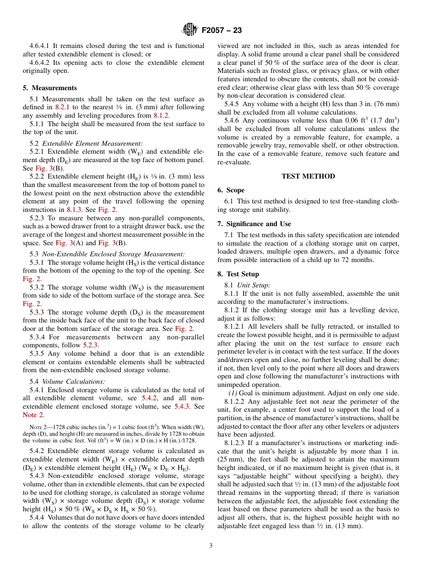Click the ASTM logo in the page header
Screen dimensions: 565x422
[190, 30]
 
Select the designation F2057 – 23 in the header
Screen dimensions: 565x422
[222, 30]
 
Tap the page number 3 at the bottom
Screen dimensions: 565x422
[211, 545]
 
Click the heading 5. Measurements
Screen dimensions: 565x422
[50, 88]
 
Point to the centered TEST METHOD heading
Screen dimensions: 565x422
[308, 176]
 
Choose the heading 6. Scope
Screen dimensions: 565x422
[231, 190]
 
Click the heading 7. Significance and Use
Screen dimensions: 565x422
[254, 224]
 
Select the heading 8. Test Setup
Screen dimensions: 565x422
[238, 274]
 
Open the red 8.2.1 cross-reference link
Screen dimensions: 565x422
[63, 107]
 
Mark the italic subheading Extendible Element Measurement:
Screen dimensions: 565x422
[92, 143]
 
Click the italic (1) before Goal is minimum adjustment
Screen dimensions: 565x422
[233, 393]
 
